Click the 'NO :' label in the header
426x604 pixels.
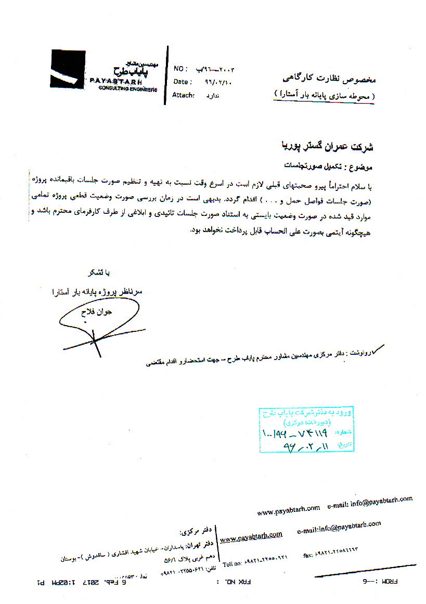coord(180,69)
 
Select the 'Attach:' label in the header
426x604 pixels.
coord(184,95)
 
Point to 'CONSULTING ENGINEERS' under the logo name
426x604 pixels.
coord(127,89)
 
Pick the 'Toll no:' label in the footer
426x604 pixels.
coord(233,564)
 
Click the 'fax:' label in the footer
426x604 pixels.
coord(308,556)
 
